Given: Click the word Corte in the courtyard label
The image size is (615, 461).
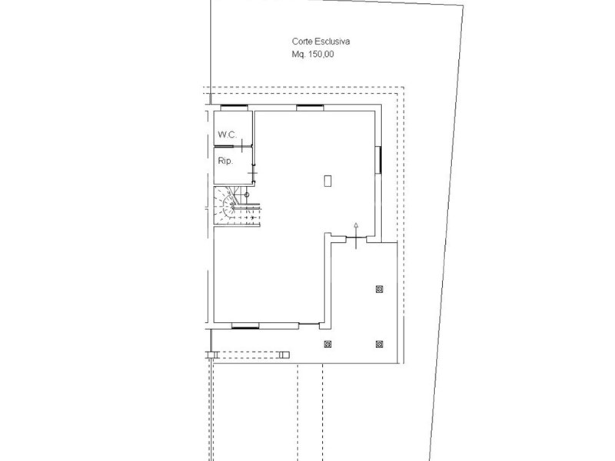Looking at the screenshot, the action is [x=301, y=41].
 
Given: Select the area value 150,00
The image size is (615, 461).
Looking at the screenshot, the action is [x=321, y=54].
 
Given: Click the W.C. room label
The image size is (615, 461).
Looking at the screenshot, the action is [x=228, y=135].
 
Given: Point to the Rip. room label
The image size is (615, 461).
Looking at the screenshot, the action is [x=225, y=161].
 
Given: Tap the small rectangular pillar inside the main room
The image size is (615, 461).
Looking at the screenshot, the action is [x=328, y=181].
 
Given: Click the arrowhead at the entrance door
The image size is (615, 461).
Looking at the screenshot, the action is [x=356, y=225].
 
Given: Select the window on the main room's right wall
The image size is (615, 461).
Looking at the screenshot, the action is [x=379, y=160].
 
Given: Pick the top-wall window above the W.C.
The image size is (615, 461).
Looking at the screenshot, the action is [x=234, y=108].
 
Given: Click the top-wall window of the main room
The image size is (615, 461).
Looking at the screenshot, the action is [x=310, y=108].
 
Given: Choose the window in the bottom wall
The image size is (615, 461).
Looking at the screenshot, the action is [x=245, y=326].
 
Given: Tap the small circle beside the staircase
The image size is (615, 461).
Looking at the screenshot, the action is [x=247, y=195].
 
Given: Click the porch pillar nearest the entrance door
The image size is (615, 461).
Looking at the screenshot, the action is [x=379, y=290].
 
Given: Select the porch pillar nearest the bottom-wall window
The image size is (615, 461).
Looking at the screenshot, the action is [x=328, y=344].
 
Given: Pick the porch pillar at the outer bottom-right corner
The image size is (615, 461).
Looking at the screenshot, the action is [x=379, y=344].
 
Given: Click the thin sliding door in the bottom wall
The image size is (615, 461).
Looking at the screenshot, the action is [x=309, y=323].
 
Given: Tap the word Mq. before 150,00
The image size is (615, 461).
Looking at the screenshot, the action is [x=299, y=54].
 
